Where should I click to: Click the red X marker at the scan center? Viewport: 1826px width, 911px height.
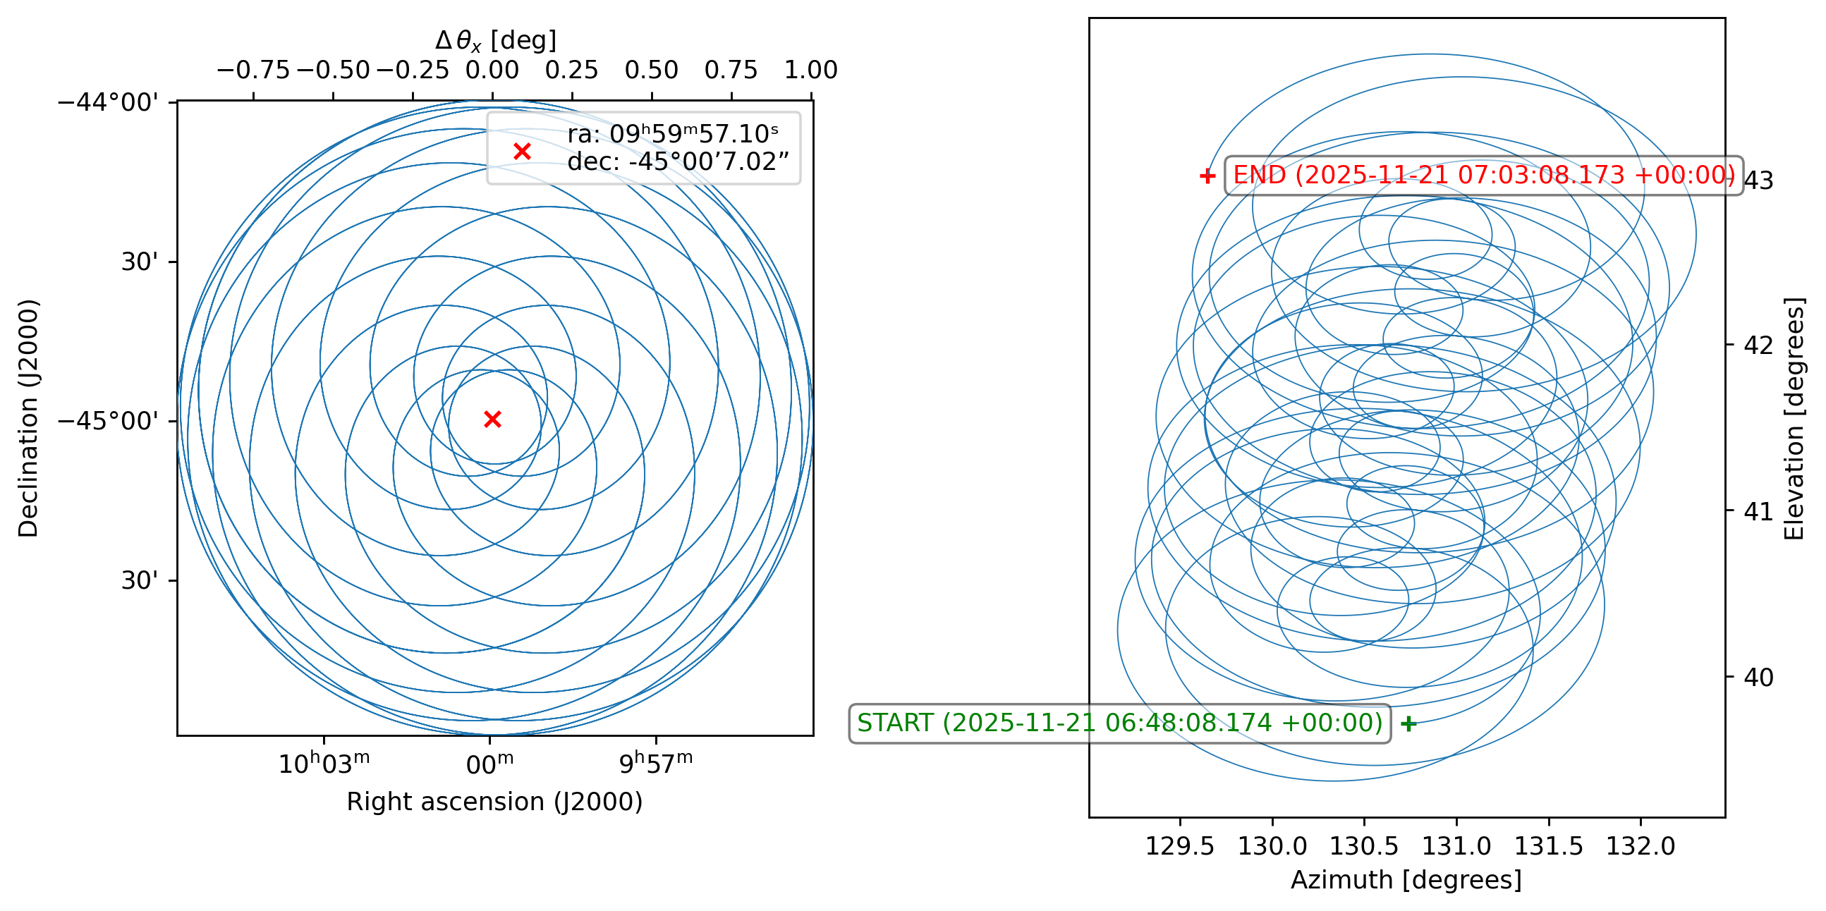(x=493, y=420)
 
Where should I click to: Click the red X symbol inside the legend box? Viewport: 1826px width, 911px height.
(x=523, y=151)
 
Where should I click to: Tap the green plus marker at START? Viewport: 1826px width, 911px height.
(x=1409, y=723)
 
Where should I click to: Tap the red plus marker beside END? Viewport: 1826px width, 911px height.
(x=1207, y=176)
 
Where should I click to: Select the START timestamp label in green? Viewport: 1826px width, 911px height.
(x=1119, y=723)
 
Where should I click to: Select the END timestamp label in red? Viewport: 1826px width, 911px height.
(x=1484, y=175)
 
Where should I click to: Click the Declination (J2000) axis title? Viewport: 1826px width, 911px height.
(x=28, y=418)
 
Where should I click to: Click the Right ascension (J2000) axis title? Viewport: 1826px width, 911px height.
(x=494, y=802)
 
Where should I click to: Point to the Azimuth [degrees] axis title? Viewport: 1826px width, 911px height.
(x=1406, y=880)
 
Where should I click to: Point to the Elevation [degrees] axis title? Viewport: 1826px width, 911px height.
(x=1794, y=418)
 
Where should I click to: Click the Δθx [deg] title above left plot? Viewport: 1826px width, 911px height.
(x=495, y=40)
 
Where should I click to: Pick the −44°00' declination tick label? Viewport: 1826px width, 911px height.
(x=108, y=103)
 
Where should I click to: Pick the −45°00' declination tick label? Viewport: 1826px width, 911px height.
(x=108, y=421)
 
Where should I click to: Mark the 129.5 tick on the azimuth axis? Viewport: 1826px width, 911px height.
(x=1180, y=846)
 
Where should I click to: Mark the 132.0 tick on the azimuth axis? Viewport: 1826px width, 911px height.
(x=1641, y=846)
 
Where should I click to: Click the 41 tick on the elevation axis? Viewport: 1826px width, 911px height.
(x=1759, y=510)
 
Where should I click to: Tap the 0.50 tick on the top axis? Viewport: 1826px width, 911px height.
(x=652, y=70)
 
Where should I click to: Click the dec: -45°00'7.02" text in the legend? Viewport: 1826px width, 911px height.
(x=678, y=162)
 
